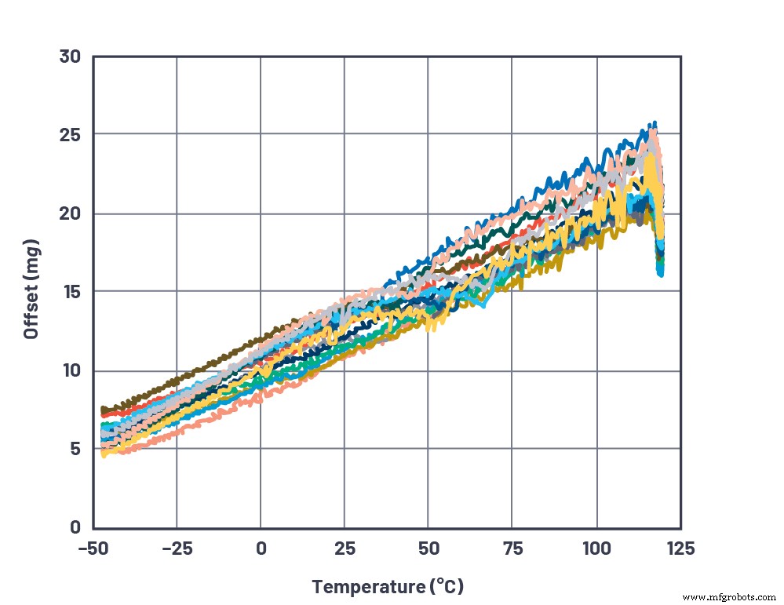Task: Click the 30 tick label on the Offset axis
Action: (71, 56)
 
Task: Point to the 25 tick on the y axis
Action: (71, 135)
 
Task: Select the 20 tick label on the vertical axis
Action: (71, 213)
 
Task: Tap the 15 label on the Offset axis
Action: (71, 292)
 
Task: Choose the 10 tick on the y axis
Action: (71, 370)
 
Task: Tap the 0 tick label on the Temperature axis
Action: (261, 547)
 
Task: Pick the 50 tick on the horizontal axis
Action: (428, 547)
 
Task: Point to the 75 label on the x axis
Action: (512, 547)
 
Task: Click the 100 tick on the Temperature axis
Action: (596, 547)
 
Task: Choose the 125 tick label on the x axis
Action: (680, 547)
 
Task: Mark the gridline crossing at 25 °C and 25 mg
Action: (344, 134)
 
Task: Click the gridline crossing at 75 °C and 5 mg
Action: (512, 448)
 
